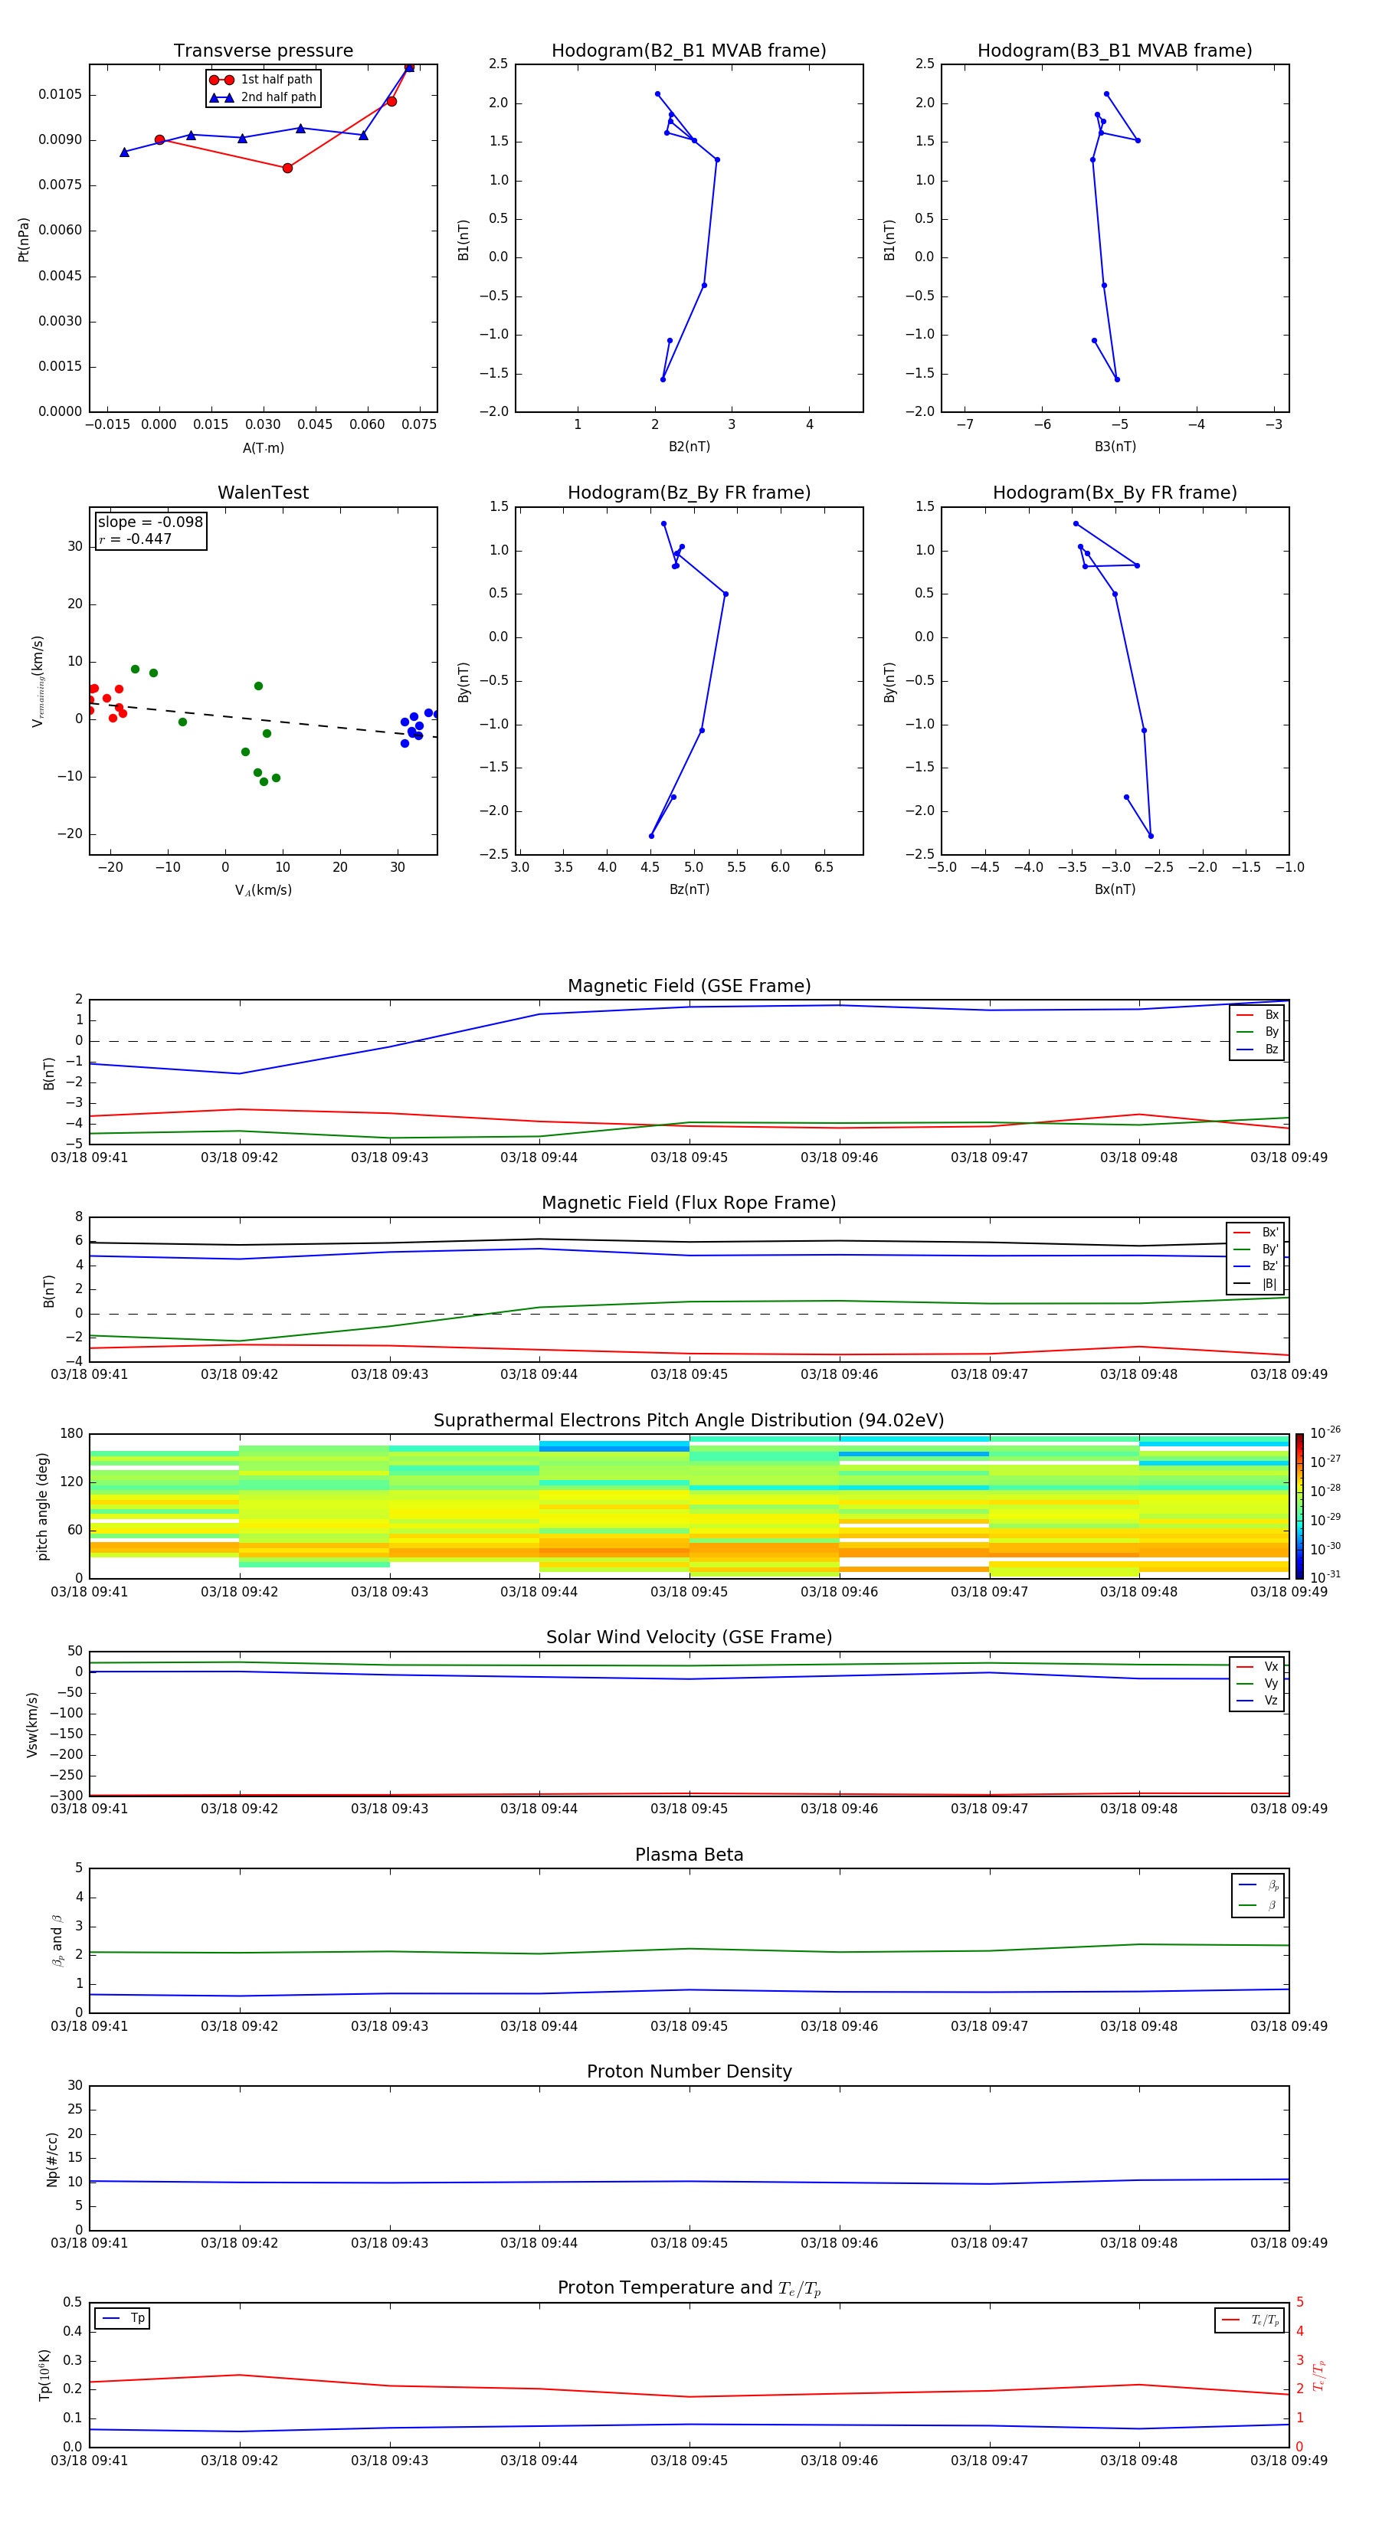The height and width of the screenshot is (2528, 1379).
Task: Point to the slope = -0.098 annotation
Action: (150, 522)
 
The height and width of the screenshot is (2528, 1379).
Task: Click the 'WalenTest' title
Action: (263, 493)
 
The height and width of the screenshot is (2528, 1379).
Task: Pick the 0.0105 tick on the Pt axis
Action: (60, 94)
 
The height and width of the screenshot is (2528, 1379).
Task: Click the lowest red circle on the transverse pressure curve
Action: (287, 168)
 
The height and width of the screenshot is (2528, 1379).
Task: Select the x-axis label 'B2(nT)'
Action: (689, 447)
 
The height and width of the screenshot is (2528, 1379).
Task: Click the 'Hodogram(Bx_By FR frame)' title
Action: (1114, 493)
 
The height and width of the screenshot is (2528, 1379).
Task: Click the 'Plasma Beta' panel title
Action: (689, 1855)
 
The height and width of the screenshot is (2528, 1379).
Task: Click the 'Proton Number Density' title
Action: (689, 2071)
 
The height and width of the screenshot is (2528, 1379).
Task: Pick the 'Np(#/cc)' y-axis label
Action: (53, 2159)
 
